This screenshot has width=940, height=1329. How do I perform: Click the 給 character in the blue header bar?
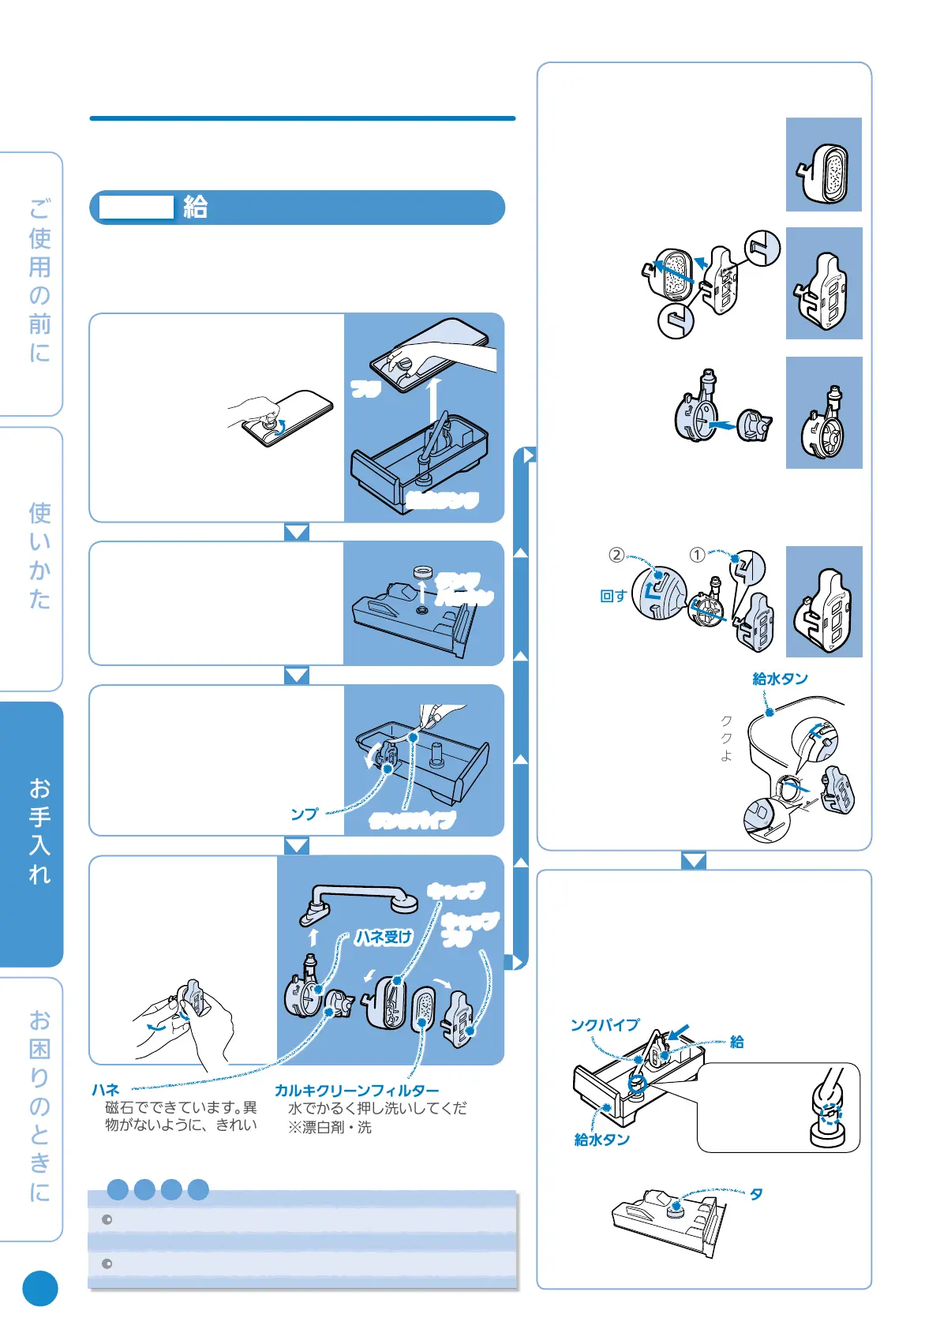click(x=195, y=207)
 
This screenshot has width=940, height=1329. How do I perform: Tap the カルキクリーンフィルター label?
click(x=357, y=1091)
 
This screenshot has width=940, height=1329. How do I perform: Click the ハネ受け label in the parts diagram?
click(x=383, y=937)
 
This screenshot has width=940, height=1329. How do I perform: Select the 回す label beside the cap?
click(x=613, y=596)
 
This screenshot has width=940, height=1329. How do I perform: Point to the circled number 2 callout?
click(x=616, y=555)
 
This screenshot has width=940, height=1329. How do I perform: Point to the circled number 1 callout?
click(x=697, y=555)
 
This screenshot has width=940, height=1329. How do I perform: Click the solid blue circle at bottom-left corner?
click(x=40, y=1289)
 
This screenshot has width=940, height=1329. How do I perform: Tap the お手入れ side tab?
click(x=39, y=833)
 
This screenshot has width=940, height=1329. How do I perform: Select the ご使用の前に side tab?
click(x=39, y=280)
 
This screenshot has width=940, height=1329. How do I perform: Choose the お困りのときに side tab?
click(x=39, y=1105)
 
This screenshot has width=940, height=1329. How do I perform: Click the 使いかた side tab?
click(x=39, y=556)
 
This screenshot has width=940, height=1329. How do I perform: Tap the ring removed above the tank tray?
click(x=425, y=571)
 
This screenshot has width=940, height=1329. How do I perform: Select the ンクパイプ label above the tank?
click(x=605, y=1025)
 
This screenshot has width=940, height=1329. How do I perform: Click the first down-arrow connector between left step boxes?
click(x=297, y=533)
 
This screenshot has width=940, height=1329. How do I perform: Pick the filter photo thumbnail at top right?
click(x=824, y=165)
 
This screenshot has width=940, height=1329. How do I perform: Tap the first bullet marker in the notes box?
click(x=107, y=1220)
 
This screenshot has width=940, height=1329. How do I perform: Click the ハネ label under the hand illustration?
click(x=105, y=1090)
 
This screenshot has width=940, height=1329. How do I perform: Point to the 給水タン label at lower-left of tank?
click(x=601, y=1140)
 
